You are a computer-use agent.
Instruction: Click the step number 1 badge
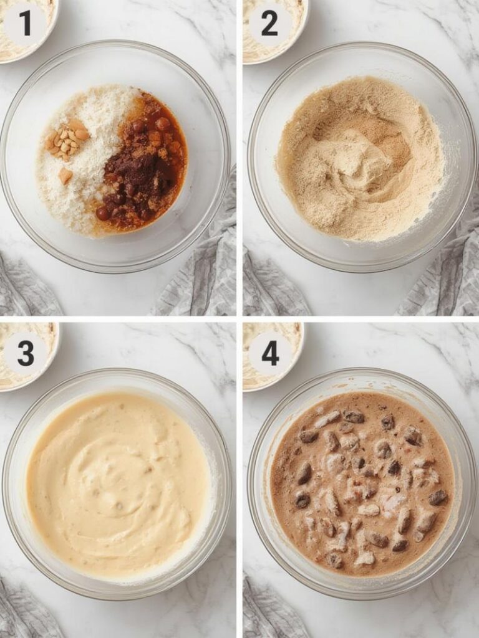pos(25,24)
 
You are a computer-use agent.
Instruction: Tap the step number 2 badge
pos(269,24)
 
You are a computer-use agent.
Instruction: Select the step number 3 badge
pos(25,353)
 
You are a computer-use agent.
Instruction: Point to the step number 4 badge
pos(269,353)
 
